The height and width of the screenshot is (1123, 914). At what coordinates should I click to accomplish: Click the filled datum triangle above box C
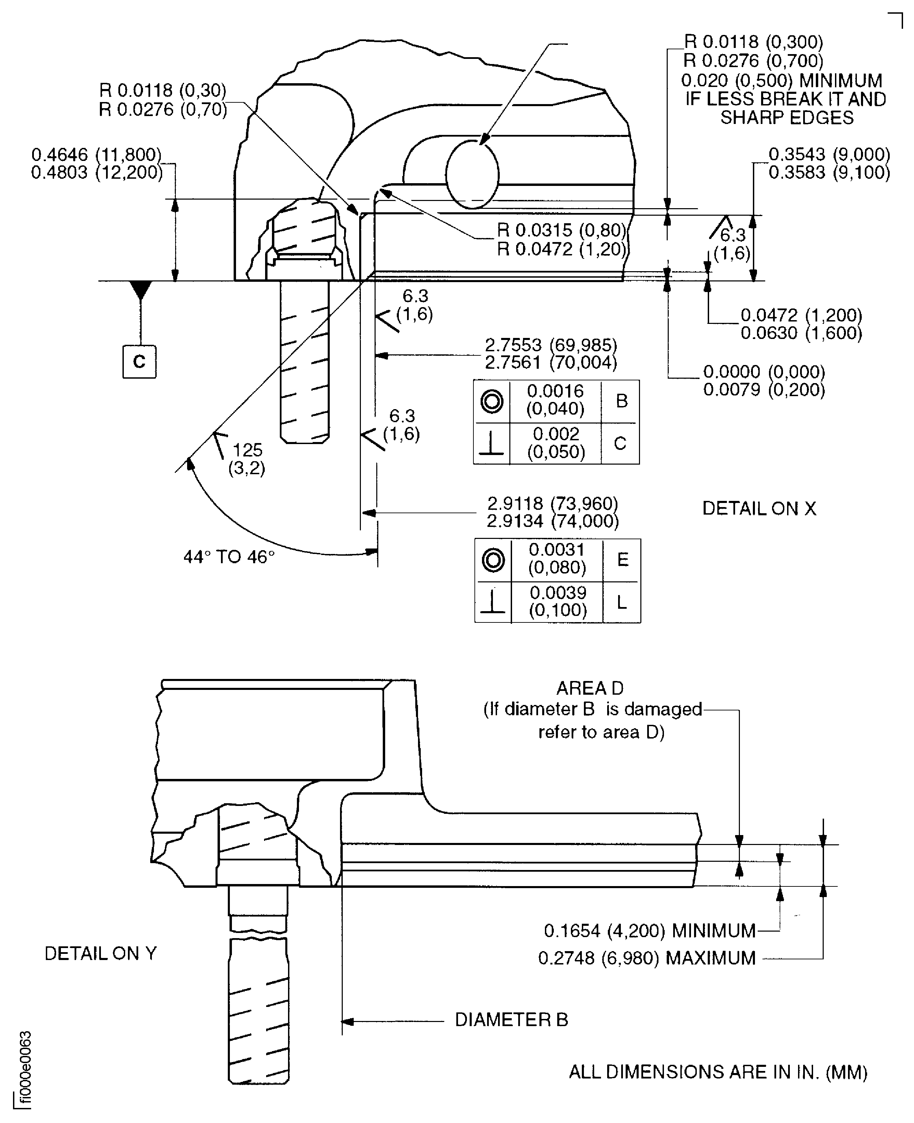(141, 290)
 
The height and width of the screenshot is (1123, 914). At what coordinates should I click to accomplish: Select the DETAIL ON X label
(759, 508)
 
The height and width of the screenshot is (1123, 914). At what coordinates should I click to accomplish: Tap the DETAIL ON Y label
(101, 953)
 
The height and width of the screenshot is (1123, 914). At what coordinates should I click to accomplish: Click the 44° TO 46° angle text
(229, 557)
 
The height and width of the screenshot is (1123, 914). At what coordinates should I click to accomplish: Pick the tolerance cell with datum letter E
(622, 560)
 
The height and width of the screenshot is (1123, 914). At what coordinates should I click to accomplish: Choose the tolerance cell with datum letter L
(622, 602)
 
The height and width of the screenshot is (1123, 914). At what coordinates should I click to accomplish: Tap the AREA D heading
(590, 688)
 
